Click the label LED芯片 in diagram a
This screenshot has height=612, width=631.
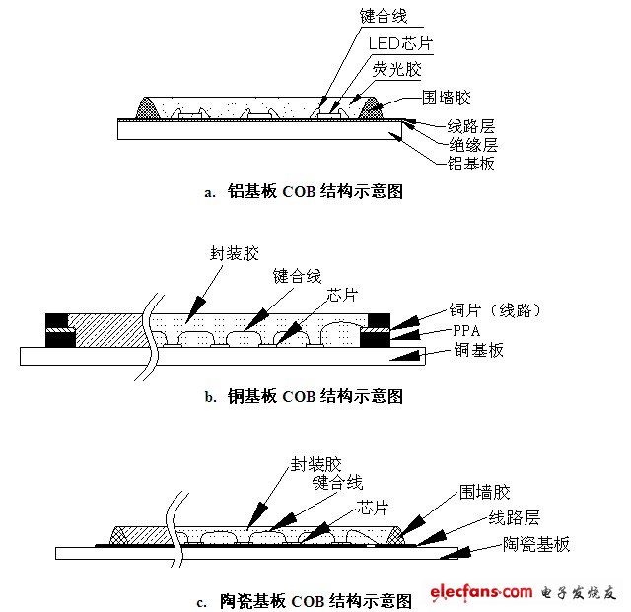(400, 43)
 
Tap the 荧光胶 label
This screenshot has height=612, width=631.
(396, 69)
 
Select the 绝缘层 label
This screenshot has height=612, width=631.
(473, 144)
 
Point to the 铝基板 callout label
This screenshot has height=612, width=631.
(471, 164)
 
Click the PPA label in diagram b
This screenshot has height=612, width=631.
(466, 331)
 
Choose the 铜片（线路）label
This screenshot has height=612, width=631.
(495, 310)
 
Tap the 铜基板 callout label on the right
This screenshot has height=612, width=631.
(479, 350)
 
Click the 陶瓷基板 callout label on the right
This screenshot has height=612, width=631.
(536, 544)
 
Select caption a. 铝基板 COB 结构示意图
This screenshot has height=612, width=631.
(304, 191)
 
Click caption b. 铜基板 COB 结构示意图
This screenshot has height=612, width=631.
(304, 396)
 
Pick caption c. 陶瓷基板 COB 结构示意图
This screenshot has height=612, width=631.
(305, 601)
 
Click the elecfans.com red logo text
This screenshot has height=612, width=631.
(481, 592)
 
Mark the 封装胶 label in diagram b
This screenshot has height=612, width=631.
(235, 253)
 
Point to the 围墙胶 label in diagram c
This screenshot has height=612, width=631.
(485, 492)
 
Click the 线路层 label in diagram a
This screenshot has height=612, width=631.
(471, 126)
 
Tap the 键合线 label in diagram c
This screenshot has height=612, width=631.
(337, 482)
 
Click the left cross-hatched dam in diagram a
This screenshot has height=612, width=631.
(147, 108)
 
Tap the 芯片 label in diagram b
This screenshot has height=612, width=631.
(341, 295)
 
